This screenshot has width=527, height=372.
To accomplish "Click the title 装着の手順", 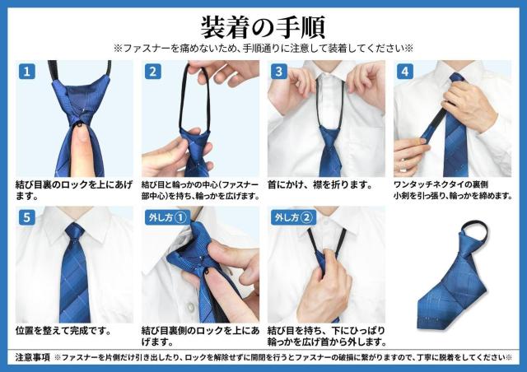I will [x=263, y=22].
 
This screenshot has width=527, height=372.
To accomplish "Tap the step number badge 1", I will [x=27, y=71].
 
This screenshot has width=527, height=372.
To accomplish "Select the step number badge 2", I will [x=153, y=71].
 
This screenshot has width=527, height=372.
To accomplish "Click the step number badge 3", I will [x=279, y=71].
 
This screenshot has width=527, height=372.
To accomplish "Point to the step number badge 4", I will [x=404, y=71].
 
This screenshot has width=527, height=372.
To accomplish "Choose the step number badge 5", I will [x=27, y=218].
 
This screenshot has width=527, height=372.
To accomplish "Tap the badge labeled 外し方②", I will [x=293, y=218].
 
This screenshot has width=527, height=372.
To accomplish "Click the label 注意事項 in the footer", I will [x=34, y=358].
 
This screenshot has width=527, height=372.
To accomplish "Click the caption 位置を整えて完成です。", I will [x=63, y=331].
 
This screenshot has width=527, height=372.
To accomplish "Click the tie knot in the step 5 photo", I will [x=74, y=239].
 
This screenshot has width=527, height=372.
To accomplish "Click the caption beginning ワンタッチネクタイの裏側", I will [x=441, y=185].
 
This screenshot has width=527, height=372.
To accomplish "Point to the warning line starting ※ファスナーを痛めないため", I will [x=263, y=48].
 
